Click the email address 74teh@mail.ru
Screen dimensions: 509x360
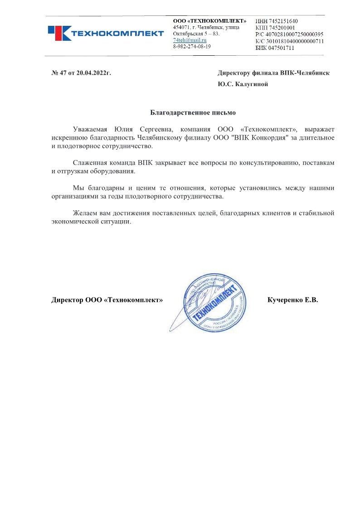[187, 40]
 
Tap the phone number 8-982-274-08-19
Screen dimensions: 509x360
[192, 47]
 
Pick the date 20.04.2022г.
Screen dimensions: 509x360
[94, 73]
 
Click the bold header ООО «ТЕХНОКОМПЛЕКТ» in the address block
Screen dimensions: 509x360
[210, 21]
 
